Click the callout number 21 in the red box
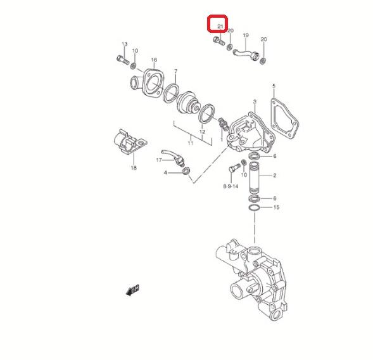220,26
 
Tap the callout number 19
246,35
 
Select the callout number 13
124,44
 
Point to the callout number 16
154,60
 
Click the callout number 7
176,71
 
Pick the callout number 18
134,168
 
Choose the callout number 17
159,160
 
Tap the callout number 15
276,207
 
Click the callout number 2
274,176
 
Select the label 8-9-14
231,186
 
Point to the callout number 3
255,102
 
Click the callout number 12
202,132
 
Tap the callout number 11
191,143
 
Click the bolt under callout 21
219,41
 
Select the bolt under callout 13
123,60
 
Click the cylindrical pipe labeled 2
255,177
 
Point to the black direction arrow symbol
132,290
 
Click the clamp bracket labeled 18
130,143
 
